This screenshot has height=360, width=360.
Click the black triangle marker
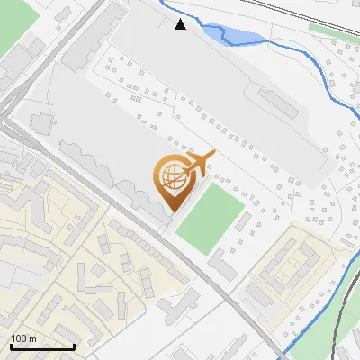point(181,24)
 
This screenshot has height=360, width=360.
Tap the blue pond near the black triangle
point(232,36)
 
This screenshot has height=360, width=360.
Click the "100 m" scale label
point(23,338)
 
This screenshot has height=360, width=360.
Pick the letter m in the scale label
point(32,338)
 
